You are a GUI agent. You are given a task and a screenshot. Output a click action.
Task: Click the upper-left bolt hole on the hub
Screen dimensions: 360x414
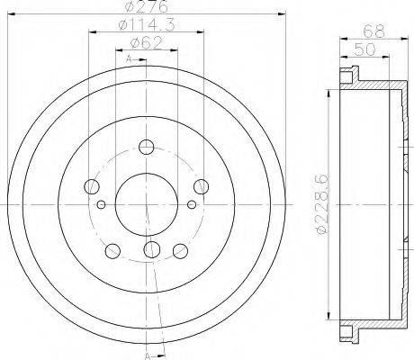90,188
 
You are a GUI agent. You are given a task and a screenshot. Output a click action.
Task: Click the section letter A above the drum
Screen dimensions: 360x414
129,59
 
